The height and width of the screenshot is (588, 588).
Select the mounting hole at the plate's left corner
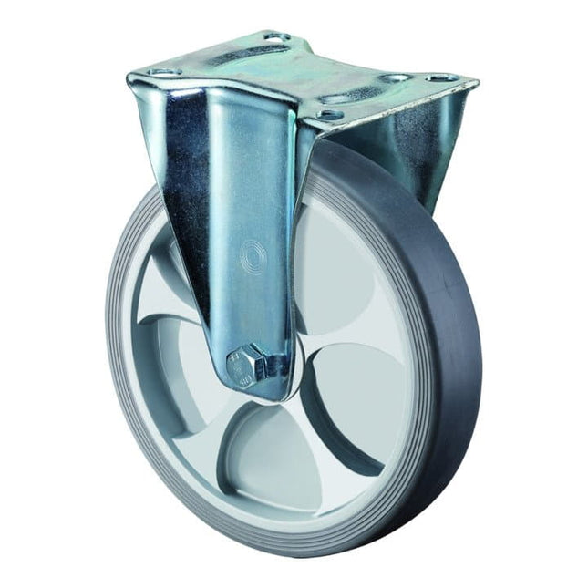160,71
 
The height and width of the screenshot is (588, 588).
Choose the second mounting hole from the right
394,78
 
